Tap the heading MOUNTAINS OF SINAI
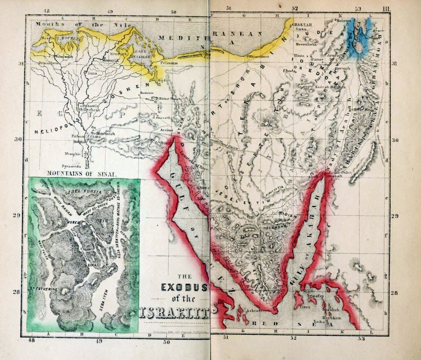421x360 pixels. tap(82, 173)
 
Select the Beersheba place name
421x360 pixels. tap(305, 44)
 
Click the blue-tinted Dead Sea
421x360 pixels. tap(362, 38)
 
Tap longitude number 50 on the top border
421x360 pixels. tap(173, 12)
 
